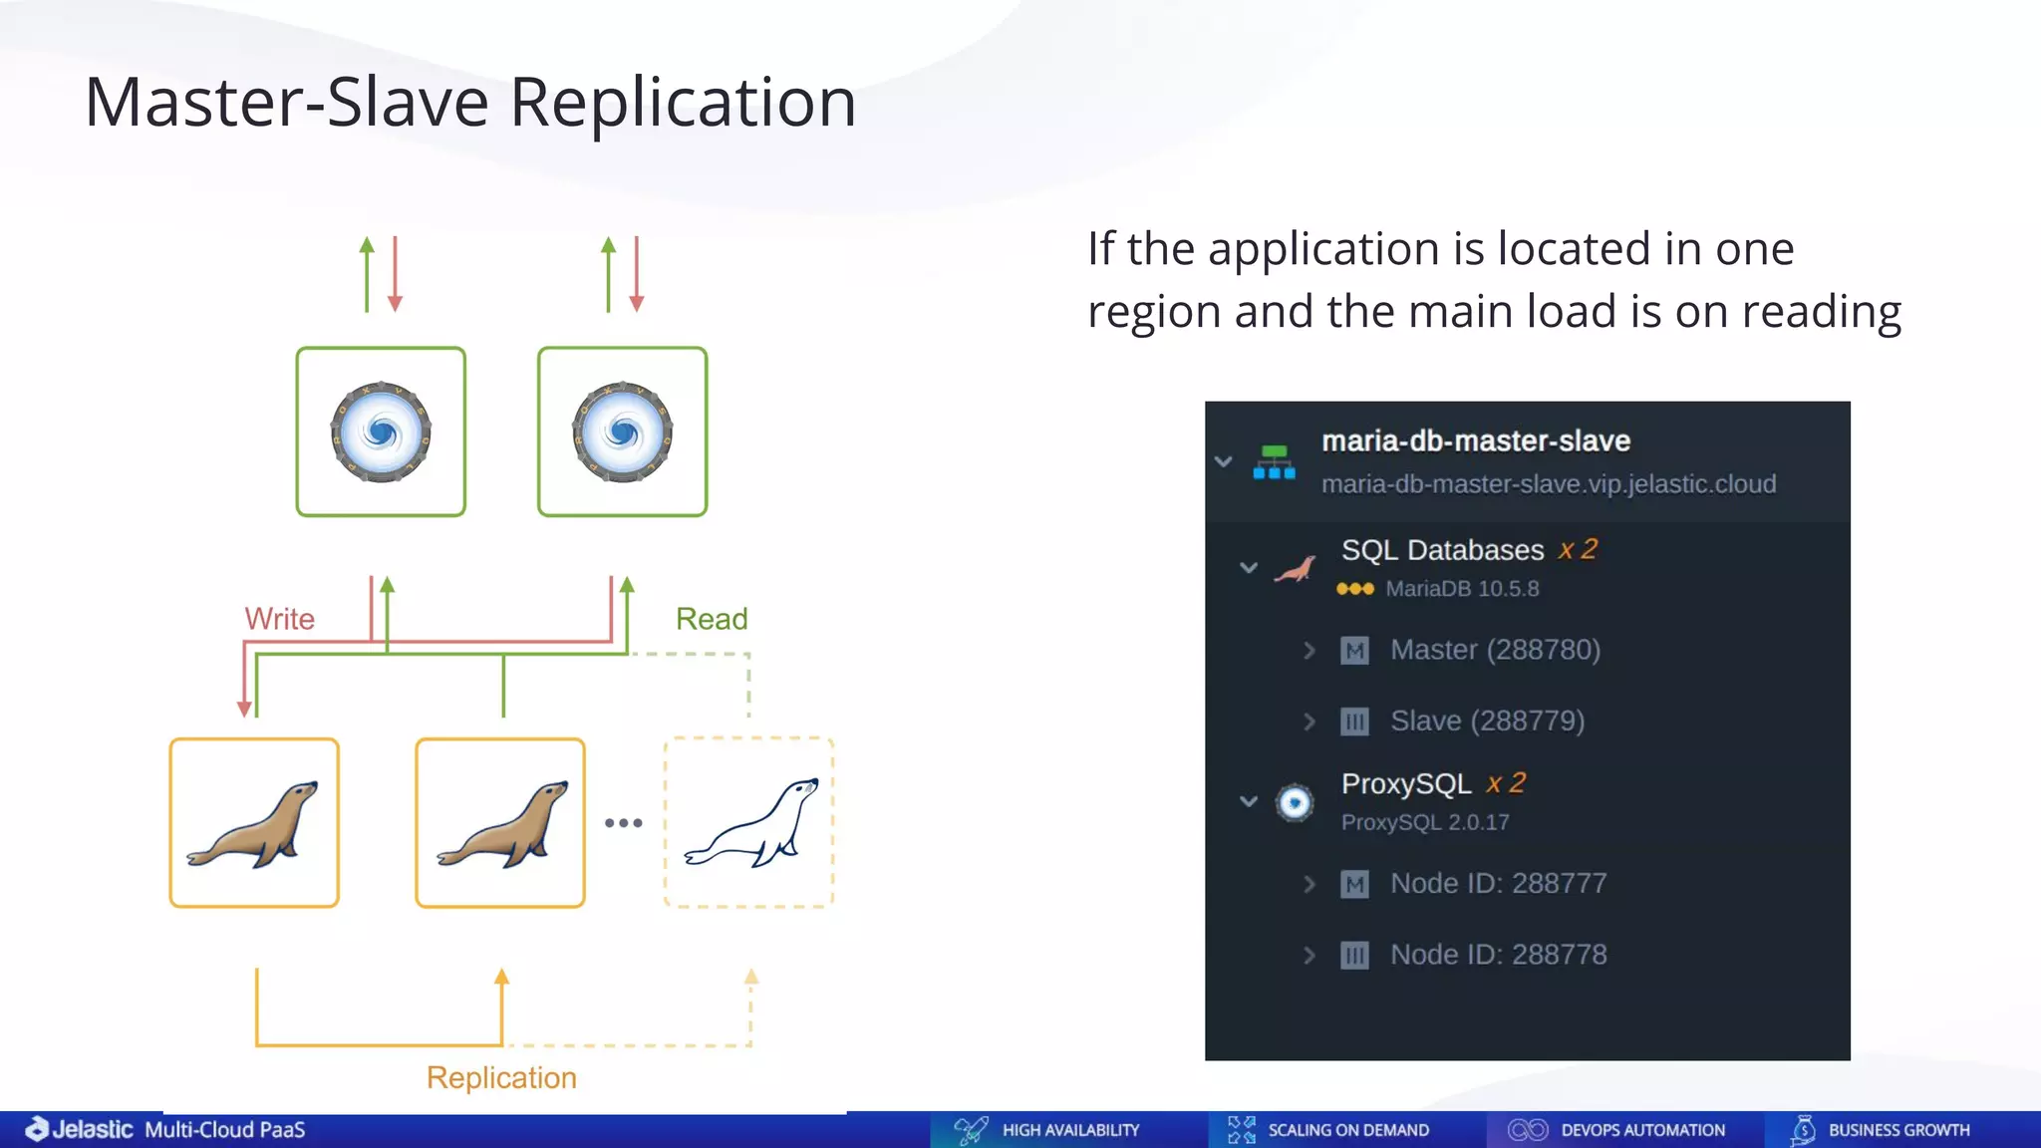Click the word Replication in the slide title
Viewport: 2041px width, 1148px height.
(x=683, y=103)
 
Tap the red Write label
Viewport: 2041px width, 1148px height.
(x=279, y=619)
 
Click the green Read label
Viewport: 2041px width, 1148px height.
(x=712, y=619)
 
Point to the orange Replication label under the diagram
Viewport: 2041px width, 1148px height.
(x=501, y=1077)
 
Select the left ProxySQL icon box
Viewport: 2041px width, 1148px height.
(x=381, y=431)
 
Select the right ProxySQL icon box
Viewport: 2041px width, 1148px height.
(x=622, y=431)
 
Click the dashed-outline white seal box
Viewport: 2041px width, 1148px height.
(x=748, y=822)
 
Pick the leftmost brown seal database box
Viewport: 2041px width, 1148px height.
(x=254, y=822)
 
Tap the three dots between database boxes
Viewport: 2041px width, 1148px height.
(x=624, y=823)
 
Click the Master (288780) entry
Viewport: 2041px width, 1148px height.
(x=1495, y=650)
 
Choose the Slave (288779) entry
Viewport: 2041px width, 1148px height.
(x=1487, y=720)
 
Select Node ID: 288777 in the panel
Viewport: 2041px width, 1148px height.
(x=1498, y=883)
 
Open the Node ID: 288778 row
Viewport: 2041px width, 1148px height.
(x=1498, y=955)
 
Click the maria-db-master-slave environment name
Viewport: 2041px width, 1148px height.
(x=1476, y=440)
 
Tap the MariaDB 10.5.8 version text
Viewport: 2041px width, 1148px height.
(x=1462, y=589)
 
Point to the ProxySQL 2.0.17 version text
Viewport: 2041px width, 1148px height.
(x=1425, y=822)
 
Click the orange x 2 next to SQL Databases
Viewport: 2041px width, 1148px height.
(x=1578, y=549)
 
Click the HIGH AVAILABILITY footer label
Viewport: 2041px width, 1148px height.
(x=1070, y=1130)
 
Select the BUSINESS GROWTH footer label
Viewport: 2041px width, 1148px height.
(x=1898, y=1130)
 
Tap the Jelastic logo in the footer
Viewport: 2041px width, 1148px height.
(x=80, y=1129)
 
